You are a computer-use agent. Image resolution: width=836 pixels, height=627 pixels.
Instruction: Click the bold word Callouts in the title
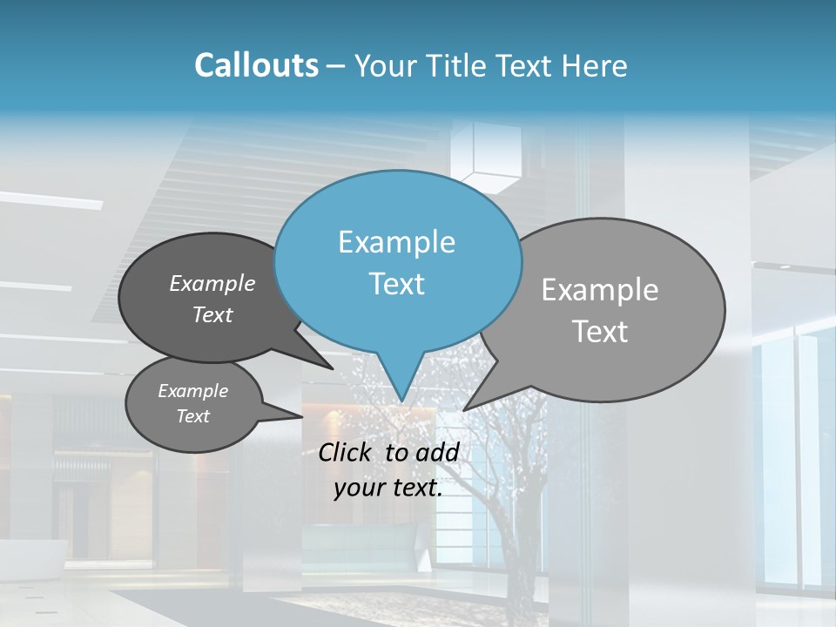click(256, 65)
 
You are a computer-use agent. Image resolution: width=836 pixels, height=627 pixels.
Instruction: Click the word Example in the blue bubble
click(396, 242)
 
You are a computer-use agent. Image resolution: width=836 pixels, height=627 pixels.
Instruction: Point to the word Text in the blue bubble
click(396, 284)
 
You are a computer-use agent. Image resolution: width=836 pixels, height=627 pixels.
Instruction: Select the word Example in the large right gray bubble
click(600, 290)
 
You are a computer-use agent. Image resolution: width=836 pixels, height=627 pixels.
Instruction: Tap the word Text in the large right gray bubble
click(600, 332)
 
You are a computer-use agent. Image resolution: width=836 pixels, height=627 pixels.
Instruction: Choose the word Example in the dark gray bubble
click(212, 284)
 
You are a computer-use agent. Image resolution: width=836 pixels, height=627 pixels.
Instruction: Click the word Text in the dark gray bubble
click(212, 314)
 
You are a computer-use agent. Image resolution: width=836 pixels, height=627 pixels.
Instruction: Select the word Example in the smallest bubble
click(192, 391)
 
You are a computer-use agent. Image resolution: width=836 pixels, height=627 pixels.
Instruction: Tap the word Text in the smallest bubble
click(192, 416)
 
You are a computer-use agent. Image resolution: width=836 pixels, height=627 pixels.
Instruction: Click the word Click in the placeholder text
click(347, 452)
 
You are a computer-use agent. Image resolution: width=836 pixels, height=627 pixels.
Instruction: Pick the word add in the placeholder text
click(437, 452)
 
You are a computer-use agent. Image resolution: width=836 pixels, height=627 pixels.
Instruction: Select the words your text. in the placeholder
click(388, 489)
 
